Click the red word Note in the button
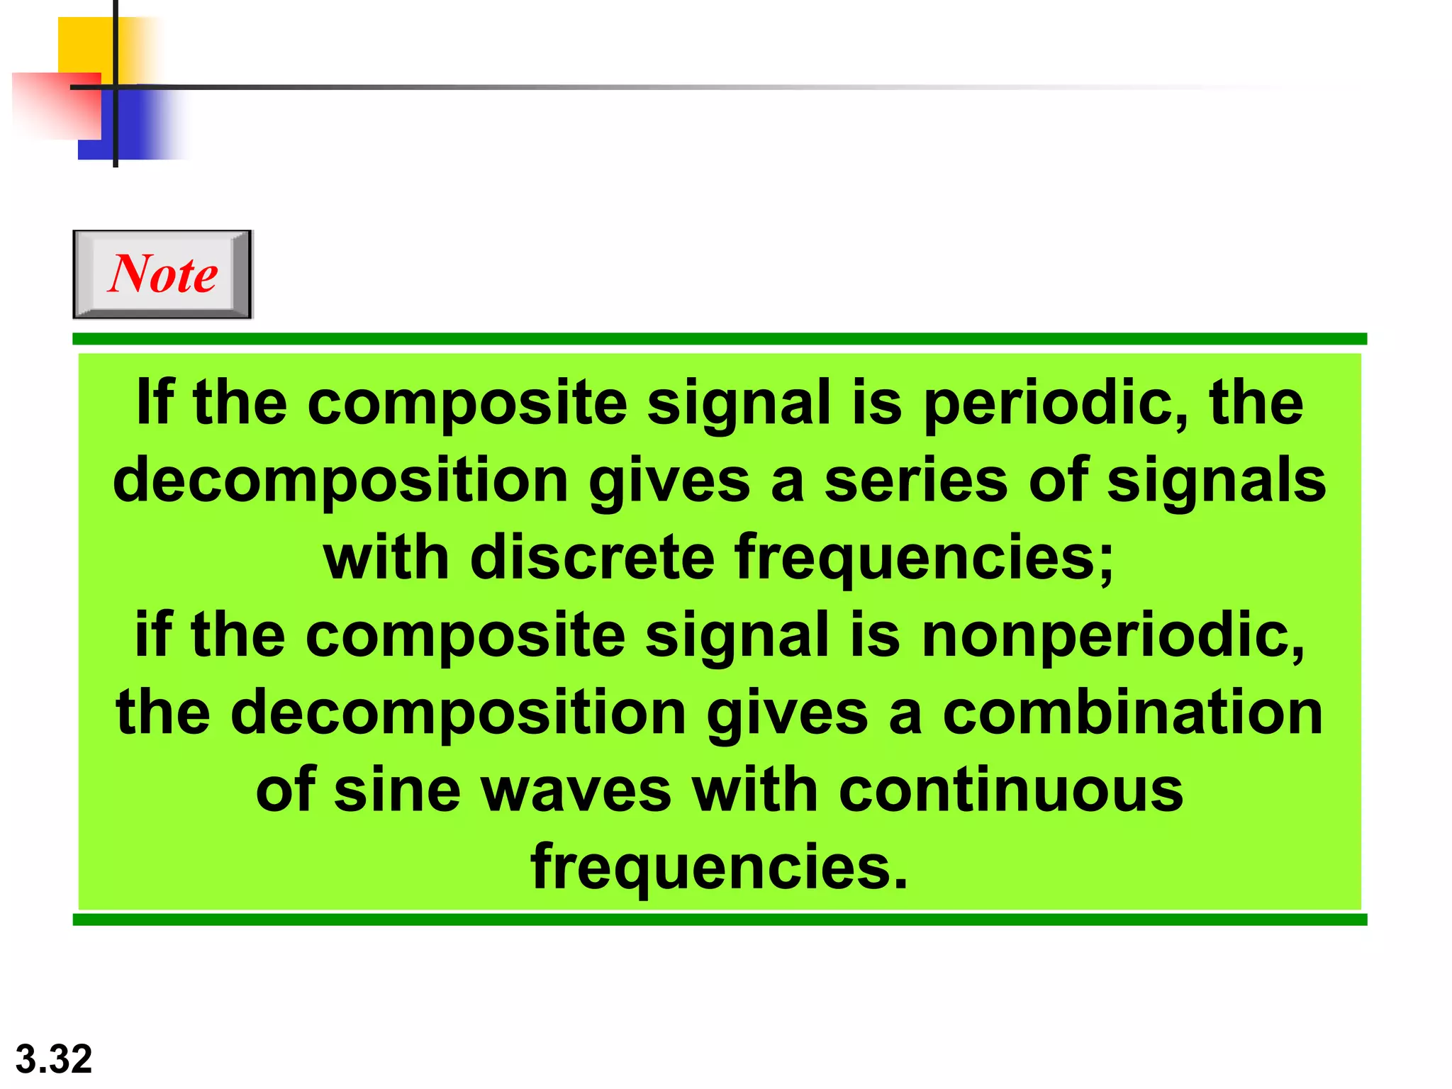(163, 274)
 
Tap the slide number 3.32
(54, 1059)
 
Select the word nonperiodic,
(1113, 636)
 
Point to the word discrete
(592, 557)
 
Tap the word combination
(1133, 713)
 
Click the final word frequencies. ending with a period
(719, 869)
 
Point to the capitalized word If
(155, 402)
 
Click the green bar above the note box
(719, 339)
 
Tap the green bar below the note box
(719, 920)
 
